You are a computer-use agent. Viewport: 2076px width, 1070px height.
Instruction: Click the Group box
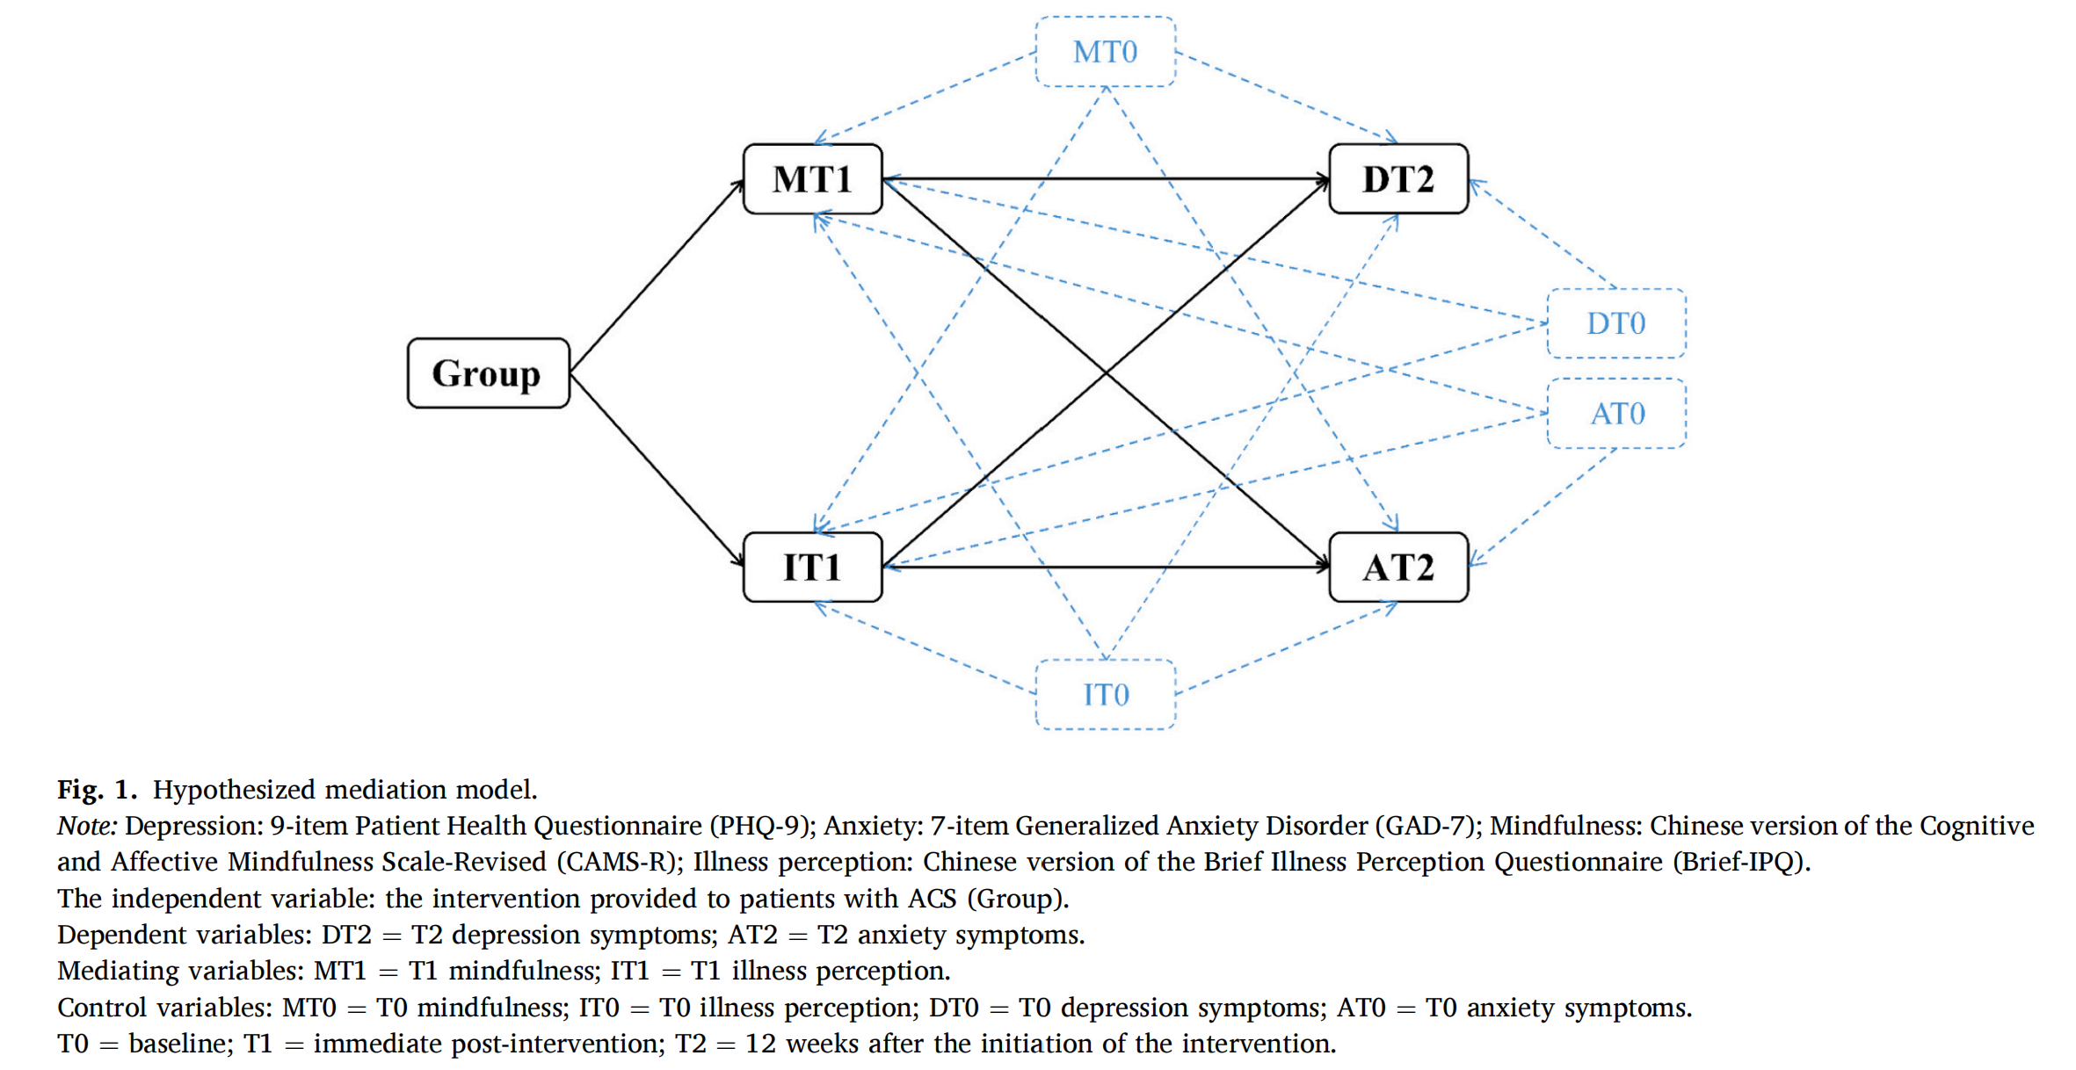pyautogui.click(x=488, y=373)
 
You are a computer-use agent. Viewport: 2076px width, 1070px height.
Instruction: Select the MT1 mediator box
pyautogui.click(x=812, y=179)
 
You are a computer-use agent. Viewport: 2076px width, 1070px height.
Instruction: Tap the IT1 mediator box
pyautogui.click(x=812, y=567)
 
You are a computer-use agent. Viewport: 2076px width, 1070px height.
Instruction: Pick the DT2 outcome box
pyautogui.click(x=1397, y=179)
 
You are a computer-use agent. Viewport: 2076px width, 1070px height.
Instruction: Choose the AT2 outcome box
pyautogui.click(x=1397, y=567)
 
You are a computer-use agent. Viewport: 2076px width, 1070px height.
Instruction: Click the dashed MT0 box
pyautogui.click(x=1105, y=52)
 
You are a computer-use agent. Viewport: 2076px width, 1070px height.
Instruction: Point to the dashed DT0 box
pyautogui.click(x=1615, y=323)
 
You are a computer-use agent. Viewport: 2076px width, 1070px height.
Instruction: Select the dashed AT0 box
pyautogui.click(x=1615, y=413)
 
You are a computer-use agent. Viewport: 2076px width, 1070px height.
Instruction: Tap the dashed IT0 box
pyautogui.click(x=1105, y=694)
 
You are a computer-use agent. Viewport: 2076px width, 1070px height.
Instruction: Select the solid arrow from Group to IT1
pyautogui.click(x=657, y=470)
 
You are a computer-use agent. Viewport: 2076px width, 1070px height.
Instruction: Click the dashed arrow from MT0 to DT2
pyautogui.click(x=1285, y=97)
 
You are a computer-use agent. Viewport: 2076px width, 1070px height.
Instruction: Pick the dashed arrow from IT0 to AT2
pyautogui.click(x=1285, y=649)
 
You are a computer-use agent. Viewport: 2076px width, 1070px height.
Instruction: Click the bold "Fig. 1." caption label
pyautogui.click(x=97, y=790)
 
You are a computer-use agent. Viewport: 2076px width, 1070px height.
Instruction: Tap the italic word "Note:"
pyautogui.click(x=87, y=826)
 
